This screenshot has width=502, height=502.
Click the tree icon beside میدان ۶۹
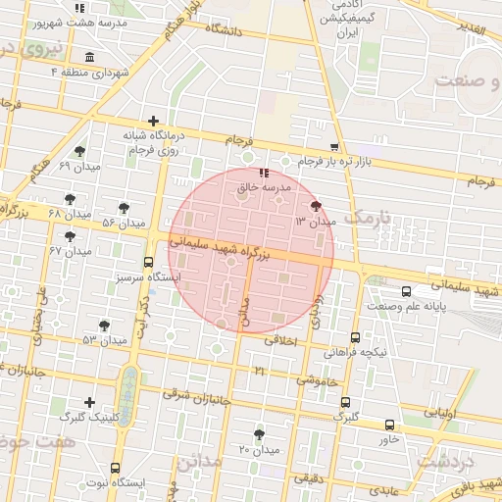pos(79,151)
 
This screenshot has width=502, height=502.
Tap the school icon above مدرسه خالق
pos(263,173)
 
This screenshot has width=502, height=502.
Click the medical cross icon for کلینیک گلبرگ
pos(90,402)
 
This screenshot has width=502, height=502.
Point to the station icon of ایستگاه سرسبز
pos(148,262)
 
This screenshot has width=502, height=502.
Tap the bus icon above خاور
pos(389,425)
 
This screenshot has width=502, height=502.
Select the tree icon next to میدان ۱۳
pos(315,206)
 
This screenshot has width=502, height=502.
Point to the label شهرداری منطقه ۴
pos(91,73)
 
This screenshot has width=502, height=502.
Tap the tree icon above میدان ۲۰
pos(259,433)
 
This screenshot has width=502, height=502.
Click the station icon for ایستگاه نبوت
pos(117,469)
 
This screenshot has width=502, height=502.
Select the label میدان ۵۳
pos(106,340)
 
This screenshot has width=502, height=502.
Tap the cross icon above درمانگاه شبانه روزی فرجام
pos(152,120)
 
